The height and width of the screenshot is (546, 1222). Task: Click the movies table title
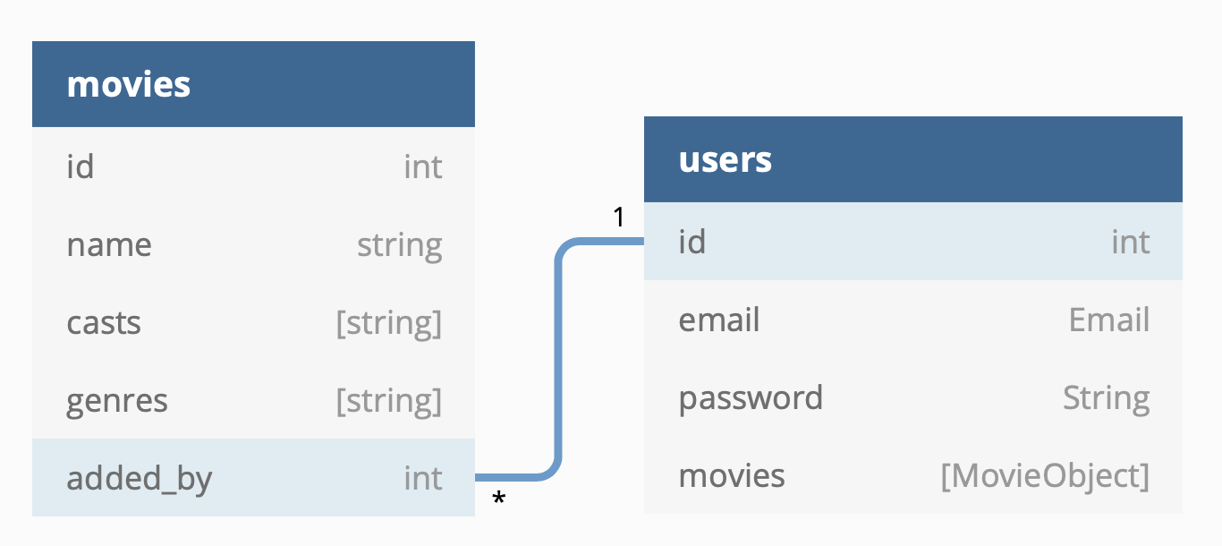(x=129, y=84)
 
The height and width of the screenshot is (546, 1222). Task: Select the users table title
(x=725, y=159)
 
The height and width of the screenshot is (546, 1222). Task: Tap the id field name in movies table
(x=80, y=166)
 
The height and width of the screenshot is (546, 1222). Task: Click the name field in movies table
(x=108, y=244)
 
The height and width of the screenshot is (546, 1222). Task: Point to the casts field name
(x=104, y=322)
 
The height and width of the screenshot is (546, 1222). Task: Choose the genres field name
(x=117, y=400)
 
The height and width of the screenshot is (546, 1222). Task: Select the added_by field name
(x=139, y=478)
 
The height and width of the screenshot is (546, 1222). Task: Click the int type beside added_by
(x=423, y=478)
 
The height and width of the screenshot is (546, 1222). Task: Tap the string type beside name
(x=399, y=244)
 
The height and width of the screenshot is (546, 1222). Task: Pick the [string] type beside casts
(x=388, y=322)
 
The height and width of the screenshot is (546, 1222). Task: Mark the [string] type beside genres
(x=388, y=400)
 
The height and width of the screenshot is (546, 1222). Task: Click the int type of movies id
(x=423, y=166)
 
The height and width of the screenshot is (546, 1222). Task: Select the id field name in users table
(x=692, y=242)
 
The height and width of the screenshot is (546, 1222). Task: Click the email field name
(x=719, y=320)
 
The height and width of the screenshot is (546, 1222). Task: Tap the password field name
(x=751, y=397)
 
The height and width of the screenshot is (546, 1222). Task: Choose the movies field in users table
(x=732, y=475)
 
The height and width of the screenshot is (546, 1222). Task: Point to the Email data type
(x=1108, y=320)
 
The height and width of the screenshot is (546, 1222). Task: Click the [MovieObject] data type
(x=1044, y=475)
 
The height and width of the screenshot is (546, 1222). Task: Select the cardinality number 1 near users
(x=618, y=217)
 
